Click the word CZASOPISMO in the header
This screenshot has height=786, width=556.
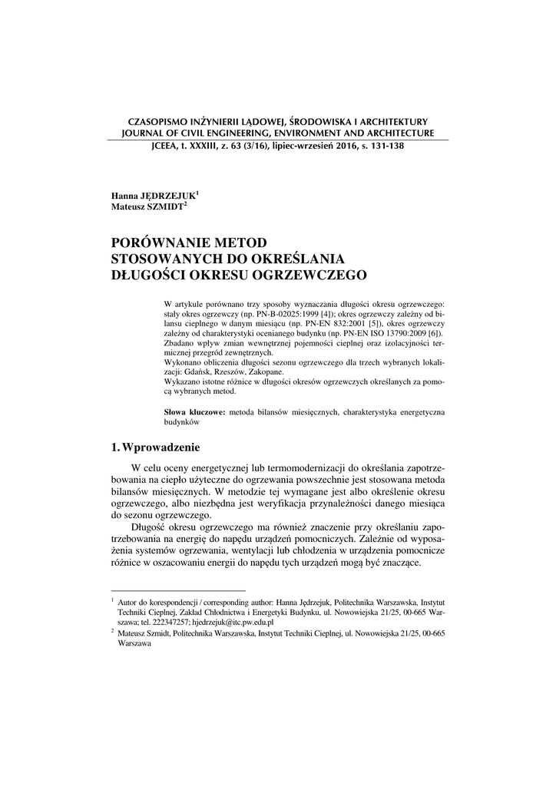154,121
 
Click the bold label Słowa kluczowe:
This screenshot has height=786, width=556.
195,412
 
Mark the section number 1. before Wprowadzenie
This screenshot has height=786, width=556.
117,447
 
